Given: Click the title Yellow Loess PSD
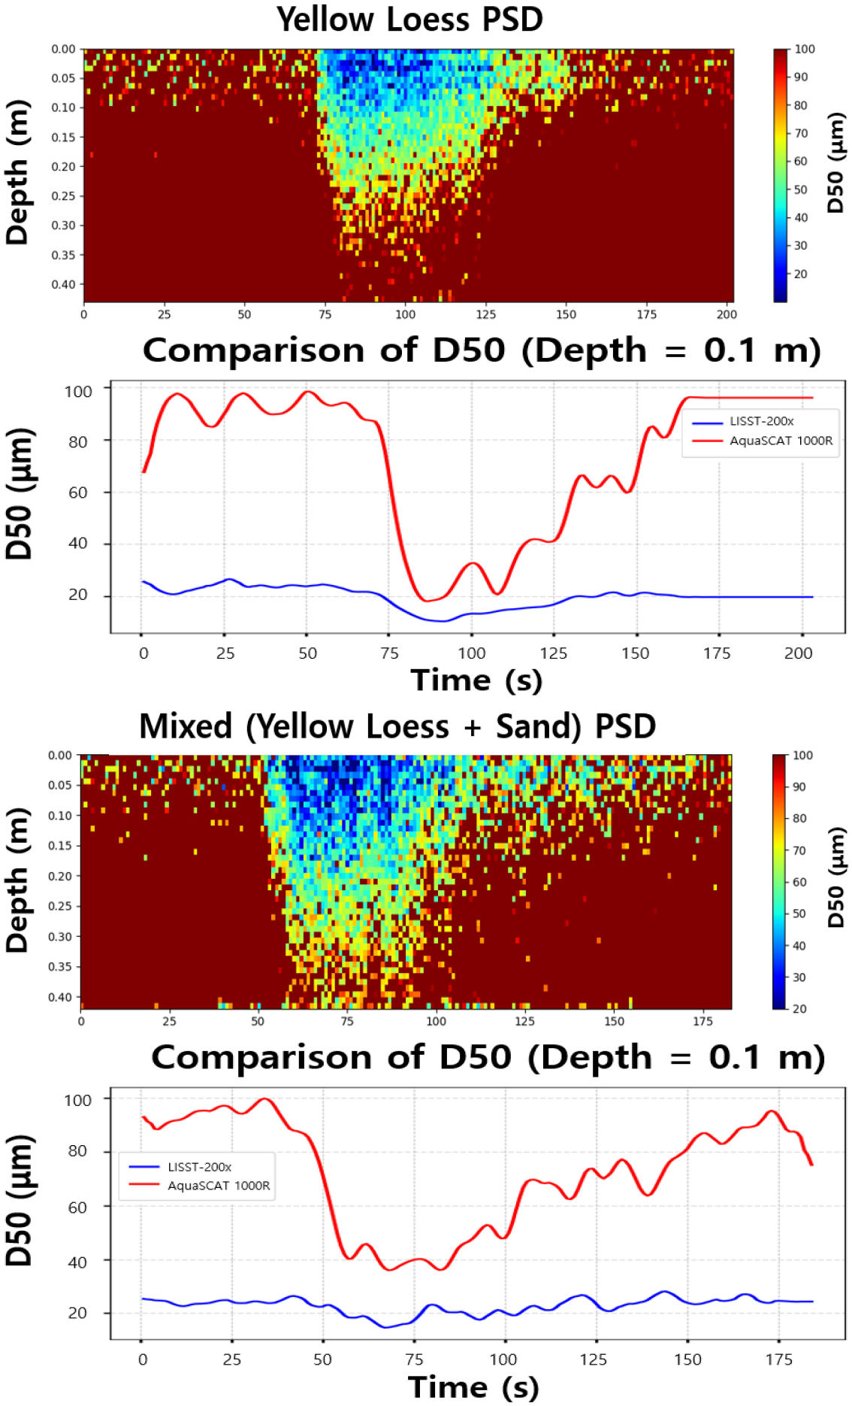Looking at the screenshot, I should tap(409, 20).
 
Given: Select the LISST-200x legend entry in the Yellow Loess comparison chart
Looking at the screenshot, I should tap(761, 422).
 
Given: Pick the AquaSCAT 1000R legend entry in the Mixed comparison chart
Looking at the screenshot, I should tap(219, 1186).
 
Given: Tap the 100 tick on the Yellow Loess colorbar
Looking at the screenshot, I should tap(805, 50).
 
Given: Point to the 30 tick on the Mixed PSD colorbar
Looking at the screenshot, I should tap(799, 977).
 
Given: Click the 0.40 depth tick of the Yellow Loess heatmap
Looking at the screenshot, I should tap(63, 284).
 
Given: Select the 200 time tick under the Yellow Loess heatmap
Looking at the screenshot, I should tap(727, 314).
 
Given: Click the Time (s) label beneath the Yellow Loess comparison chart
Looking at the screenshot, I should tap(476, 680).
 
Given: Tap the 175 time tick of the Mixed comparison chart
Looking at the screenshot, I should tap(778, 1359).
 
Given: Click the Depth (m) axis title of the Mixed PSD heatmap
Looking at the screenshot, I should tap(17, 880).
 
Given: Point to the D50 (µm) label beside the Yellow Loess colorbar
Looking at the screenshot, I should tap(835, 163).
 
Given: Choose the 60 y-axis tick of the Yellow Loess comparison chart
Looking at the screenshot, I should tap(78, 492).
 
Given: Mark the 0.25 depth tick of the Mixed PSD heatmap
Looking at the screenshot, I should tap(60, 906).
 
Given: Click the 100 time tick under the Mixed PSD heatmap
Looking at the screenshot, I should tap(436, 1021).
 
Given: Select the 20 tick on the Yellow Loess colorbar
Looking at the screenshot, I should tap(801, 274).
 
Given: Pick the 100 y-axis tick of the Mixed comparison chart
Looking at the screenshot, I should tap(78, 1100).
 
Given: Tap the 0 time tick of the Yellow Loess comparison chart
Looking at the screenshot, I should tap(144, 653).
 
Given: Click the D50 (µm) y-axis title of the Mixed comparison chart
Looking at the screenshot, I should tap(19, 1200).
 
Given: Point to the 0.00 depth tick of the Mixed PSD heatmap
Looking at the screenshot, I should tap(60, 756).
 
